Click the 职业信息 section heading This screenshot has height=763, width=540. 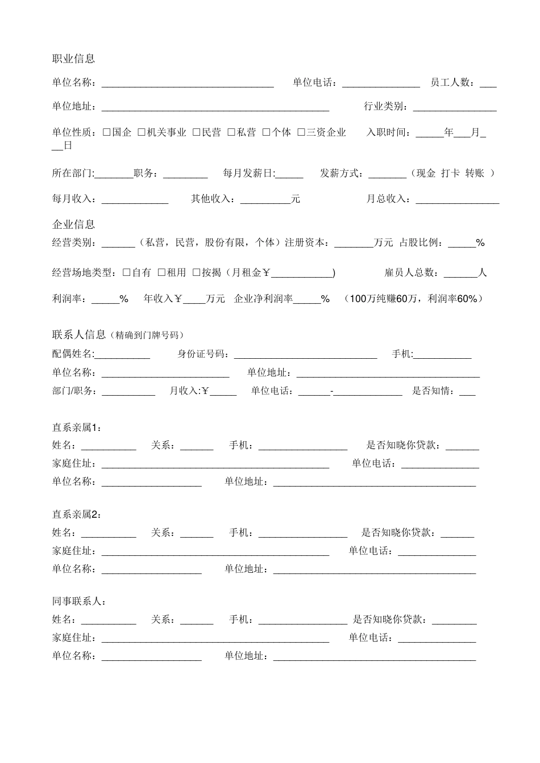point(73,58)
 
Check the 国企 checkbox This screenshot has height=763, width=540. point(106,132)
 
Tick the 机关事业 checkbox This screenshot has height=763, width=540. point(142,132)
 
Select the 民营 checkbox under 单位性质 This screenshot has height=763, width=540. point(196,132)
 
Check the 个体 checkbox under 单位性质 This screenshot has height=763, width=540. point(266,132)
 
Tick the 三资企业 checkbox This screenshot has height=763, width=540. point(301,132)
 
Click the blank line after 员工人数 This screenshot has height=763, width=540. point(488,84)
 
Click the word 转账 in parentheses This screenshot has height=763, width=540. point(475,173)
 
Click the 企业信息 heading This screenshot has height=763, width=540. point(73,224)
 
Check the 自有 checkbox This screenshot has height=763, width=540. point(126,272)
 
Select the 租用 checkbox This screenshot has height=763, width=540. point(161,272)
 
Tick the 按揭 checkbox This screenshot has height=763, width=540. point(196,272)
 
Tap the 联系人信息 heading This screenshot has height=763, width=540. point(79,334)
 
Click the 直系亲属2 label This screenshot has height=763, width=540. point(76,514)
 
